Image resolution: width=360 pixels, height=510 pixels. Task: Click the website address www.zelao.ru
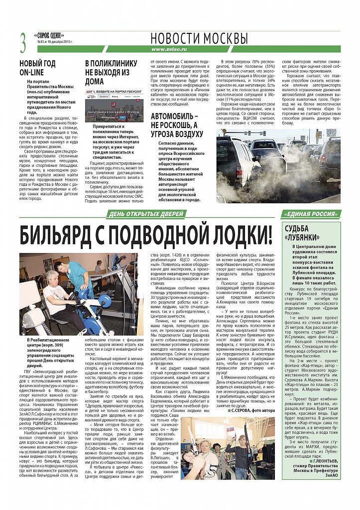click(171, 49)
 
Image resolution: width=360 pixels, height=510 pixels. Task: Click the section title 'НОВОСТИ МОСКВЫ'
click(199, 38)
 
